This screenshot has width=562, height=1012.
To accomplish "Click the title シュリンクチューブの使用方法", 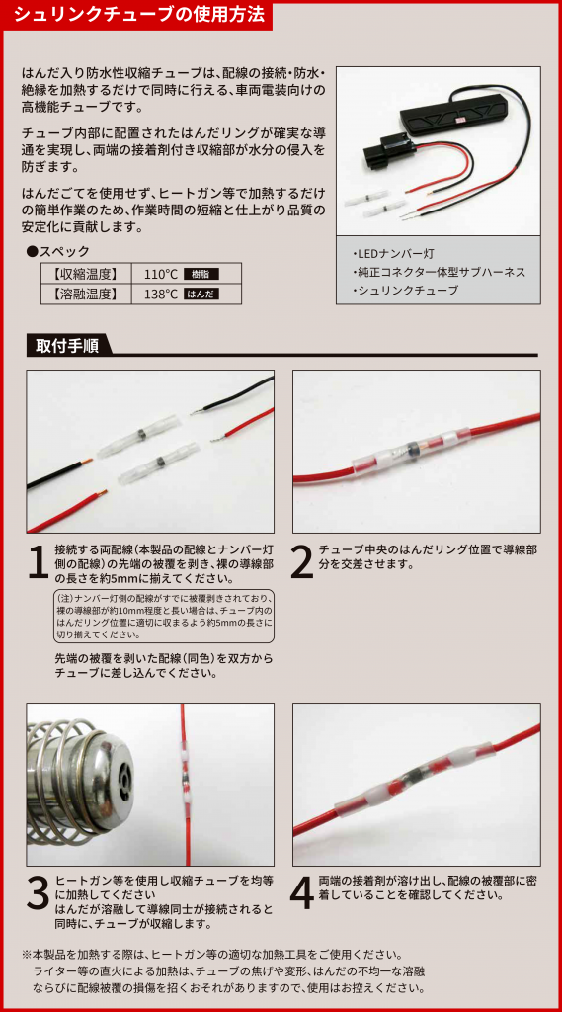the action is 138,14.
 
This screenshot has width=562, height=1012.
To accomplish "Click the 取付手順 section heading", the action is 62,345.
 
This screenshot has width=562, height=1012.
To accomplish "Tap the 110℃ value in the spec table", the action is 161,274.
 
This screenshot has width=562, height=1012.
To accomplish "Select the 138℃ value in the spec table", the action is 161,295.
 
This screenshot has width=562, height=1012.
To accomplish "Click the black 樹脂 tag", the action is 201,274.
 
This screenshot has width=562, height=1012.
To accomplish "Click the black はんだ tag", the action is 201,295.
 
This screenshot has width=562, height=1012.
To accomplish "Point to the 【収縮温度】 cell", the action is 86,274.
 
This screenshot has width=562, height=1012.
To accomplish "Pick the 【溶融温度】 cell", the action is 86,295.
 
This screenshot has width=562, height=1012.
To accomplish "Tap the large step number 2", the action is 302,562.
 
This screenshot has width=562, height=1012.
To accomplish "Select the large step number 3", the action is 39,893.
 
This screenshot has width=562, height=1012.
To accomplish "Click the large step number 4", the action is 302,893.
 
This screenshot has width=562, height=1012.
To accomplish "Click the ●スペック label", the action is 57,252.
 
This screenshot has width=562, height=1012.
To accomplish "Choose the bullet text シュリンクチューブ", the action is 405,291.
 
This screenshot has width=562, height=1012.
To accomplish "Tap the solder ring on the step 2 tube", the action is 411,449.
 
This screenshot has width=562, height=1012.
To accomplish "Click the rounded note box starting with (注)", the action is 164,616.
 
